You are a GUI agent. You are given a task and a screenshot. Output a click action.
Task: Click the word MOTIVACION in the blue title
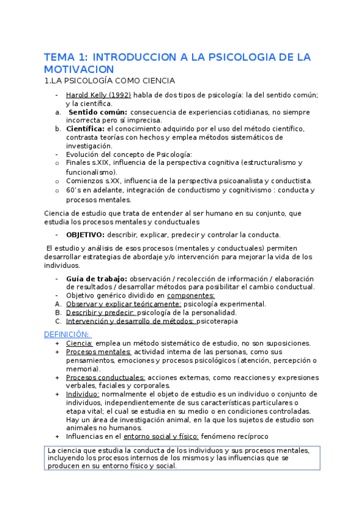click(80, 69)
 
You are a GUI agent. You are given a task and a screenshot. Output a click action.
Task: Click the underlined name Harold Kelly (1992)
click(98, 95)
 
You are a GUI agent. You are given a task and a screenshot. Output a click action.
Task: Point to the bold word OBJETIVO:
click(85, 234)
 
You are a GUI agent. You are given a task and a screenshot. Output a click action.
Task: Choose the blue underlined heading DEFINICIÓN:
click(67, 334)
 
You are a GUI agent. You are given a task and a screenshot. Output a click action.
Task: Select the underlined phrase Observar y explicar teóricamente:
click(123, 304)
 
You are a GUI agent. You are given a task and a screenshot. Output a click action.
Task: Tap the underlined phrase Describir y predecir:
click(100, 313)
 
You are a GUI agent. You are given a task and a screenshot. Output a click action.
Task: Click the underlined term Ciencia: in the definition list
click(79, 343)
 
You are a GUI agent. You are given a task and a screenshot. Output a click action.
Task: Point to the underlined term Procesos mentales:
click(98, 352)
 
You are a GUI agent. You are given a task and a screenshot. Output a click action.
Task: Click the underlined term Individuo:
click(83, 394)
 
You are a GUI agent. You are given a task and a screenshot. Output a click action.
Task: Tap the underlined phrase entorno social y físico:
click(162, 436)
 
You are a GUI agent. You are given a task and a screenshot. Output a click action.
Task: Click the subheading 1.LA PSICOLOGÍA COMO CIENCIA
click(110, 80)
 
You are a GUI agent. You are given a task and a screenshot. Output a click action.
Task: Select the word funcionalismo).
click(91, 172)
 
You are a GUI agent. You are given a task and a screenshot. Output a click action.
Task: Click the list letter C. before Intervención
click(58, 321)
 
